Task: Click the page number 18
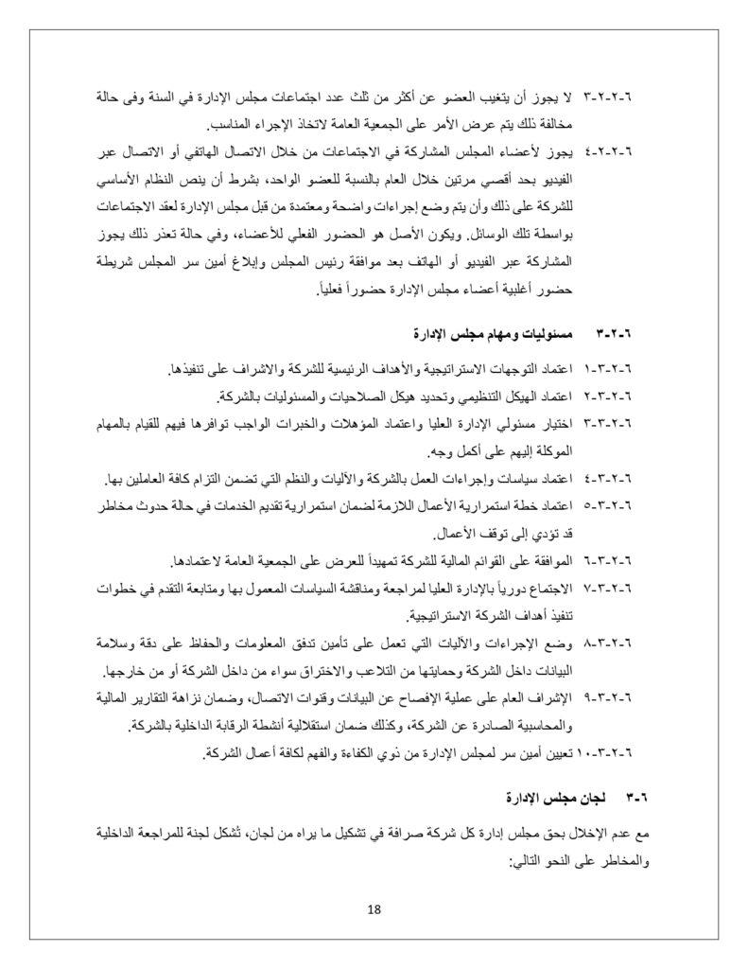tap(374, 909)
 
